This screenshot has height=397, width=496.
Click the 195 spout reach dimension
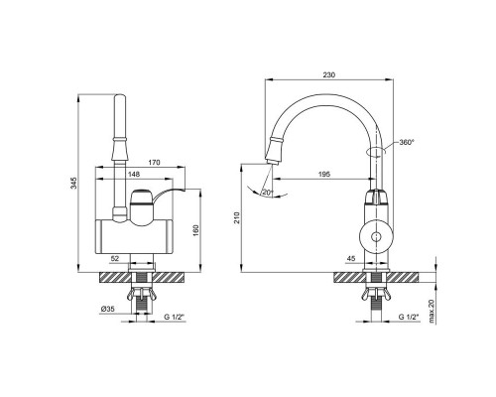click(x=323, y=175)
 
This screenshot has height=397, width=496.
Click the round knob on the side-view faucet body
click(x=378, y=236)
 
